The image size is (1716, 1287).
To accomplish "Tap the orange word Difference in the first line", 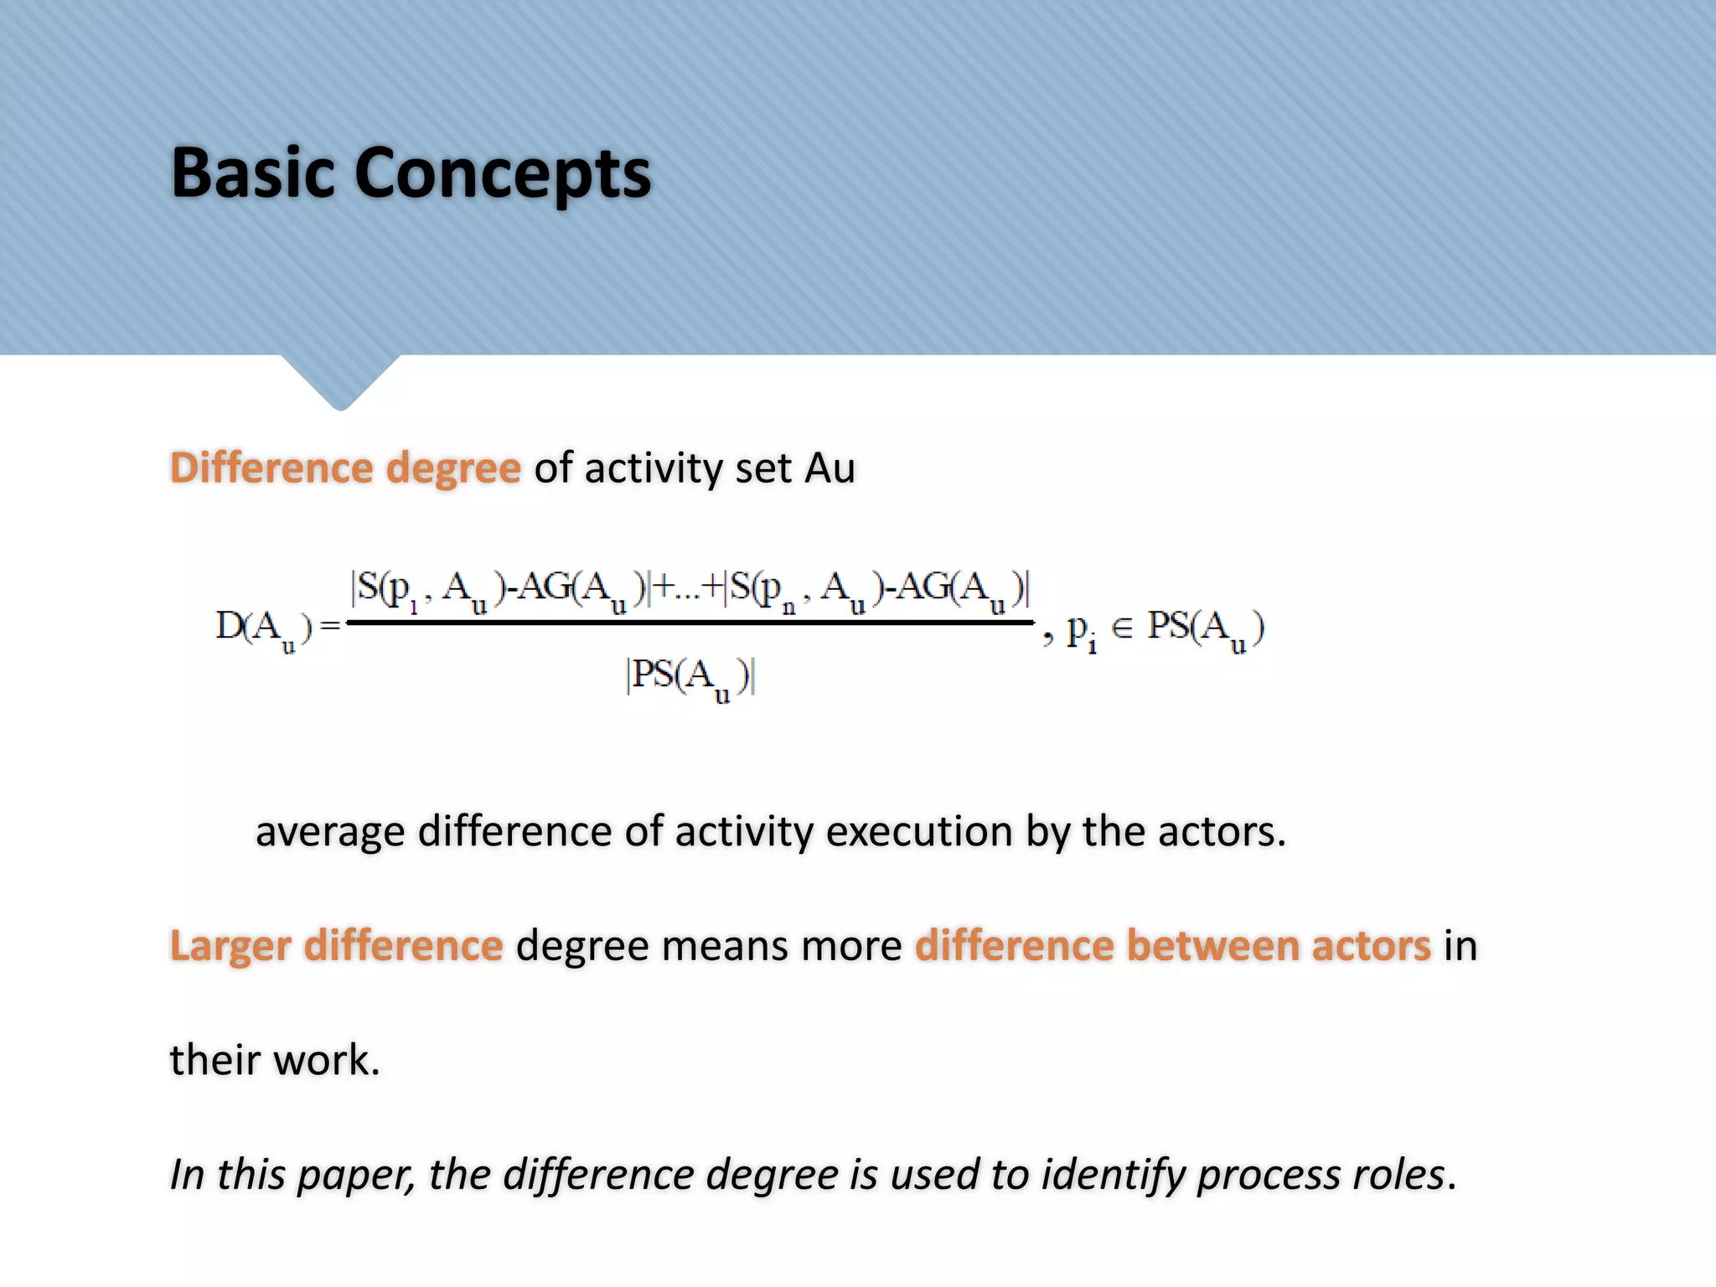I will (x=271, y=468).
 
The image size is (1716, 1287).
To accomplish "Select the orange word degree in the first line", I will (x=453, y=469).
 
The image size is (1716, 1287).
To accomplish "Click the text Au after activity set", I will (x=830, y=468).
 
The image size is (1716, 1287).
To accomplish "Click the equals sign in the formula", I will (x=330, y=626).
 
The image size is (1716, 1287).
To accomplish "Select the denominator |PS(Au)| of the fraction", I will (x=690, y=677).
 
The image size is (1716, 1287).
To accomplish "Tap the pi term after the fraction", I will (x=1080, y=630).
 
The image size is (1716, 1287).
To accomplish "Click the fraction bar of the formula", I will (x=690, y=623).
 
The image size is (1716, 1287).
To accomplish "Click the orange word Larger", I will (x=230, y=947).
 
